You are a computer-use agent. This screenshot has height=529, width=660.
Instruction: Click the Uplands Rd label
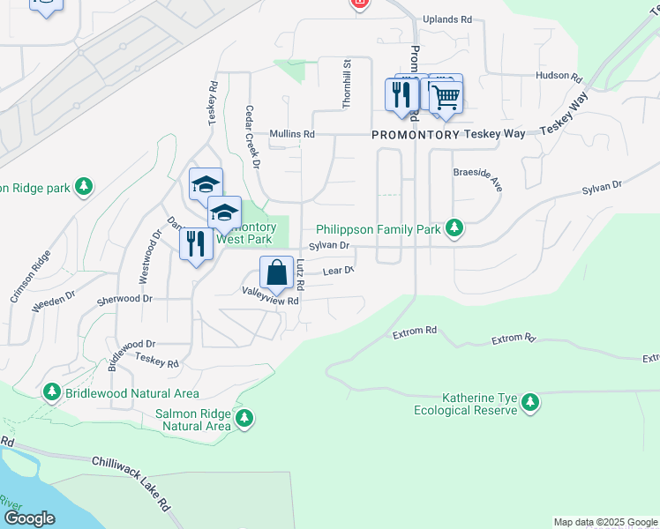pos(448,19)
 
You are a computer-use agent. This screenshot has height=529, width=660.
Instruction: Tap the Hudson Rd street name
pos(559,77)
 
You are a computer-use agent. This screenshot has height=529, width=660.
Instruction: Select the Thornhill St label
pos(347,84)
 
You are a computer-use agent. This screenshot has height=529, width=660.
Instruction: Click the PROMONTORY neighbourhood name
pos(416,134)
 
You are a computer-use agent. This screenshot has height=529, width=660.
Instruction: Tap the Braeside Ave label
pos(477,180)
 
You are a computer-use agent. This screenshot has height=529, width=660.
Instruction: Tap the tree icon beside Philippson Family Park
pos(454,229)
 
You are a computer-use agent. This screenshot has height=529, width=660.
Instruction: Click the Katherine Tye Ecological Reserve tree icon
pos(529,403)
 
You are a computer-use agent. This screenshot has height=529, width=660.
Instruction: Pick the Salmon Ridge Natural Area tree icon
pos(244,418)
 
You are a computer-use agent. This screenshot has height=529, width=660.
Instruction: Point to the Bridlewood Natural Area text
pos(131,393)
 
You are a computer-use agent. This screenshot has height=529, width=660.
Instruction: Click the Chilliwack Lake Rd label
pos(131,484)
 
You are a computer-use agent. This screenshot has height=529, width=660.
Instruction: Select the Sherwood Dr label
pos(124,299)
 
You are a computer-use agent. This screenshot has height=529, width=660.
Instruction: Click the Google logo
pos(28,518)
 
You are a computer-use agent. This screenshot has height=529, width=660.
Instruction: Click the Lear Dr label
pos(338,272)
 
